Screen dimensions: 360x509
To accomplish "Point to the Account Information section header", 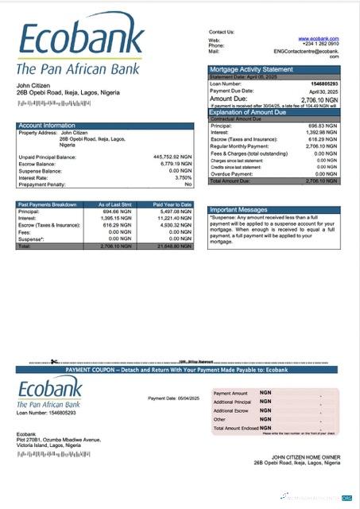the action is [x=48, y=126].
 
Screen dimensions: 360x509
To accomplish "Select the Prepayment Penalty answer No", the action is [x=188, y=184].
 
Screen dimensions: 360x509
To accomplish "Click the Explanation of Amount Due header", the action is [x=253, y=112].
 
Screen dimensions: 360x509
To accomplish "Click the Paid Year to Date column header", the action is [x=172, y=204].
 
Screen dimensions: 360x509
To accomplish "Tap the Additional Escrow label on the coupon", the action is [x=231, y=410].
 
